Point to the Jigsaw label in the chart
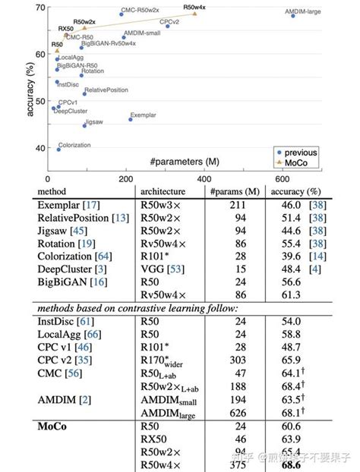click(x=93, y=121)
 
